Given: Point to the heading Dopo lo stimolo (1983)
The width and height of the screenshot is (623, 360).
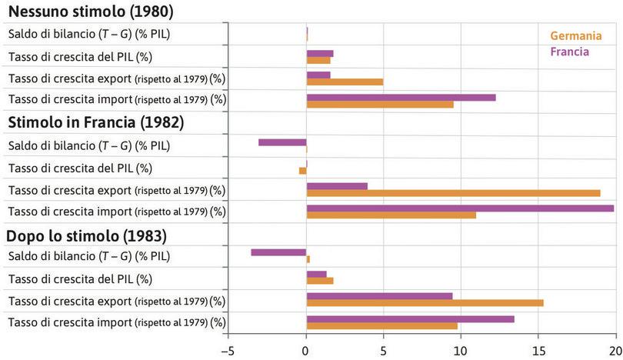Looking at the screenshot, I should pyautogui.click(x=87, y=235).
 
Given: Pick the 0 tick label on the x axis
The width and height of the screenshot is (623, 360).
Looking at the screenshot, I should pyautogui.click(x=306, y=350).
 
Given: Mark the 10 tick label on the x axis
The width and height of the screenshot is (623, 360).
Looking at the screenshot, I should pyautogui.click(x=461, y=350).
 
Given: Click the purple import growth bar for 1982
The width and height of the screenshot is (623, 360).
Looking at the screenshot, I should pyautogui.click(x=460, y=208).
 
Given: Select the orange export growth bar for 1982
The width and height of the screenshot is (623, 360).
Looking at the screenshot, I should pyautogui.click(x=453, y=193).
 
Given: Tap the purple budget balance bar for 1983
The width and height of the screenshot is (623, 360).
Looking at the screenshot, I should pyautogui.click(x=278, y=252).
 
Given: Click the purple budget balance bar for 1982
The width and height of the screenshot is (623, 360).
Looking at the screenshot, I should pyautogui.click(x=282, y=142).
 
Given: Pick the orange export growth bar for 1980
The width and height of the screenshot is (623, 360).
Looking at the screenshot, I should pyautogui.click(x=345, y=82).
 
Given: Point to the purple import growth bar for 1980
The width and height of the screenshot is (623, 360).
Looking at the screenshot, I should pyautogui.click(x=401, y=97).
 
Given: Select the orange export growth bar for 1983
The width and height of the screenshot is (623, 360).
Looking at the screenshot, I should pyautogui.click(x=425, y=303).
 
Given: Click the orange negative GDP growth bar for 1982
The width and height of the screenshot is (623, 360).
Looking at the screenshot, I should pyautogui.click(x=302, y=171).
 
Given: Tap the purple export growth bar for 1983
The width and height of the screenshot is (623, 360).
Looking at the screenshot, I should pyautogui.click(x=379, y=295).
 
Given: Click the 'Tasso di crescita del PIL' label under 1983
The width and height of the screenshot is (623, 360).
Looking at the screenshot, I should pyautogui.click(x=80, y=278).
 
